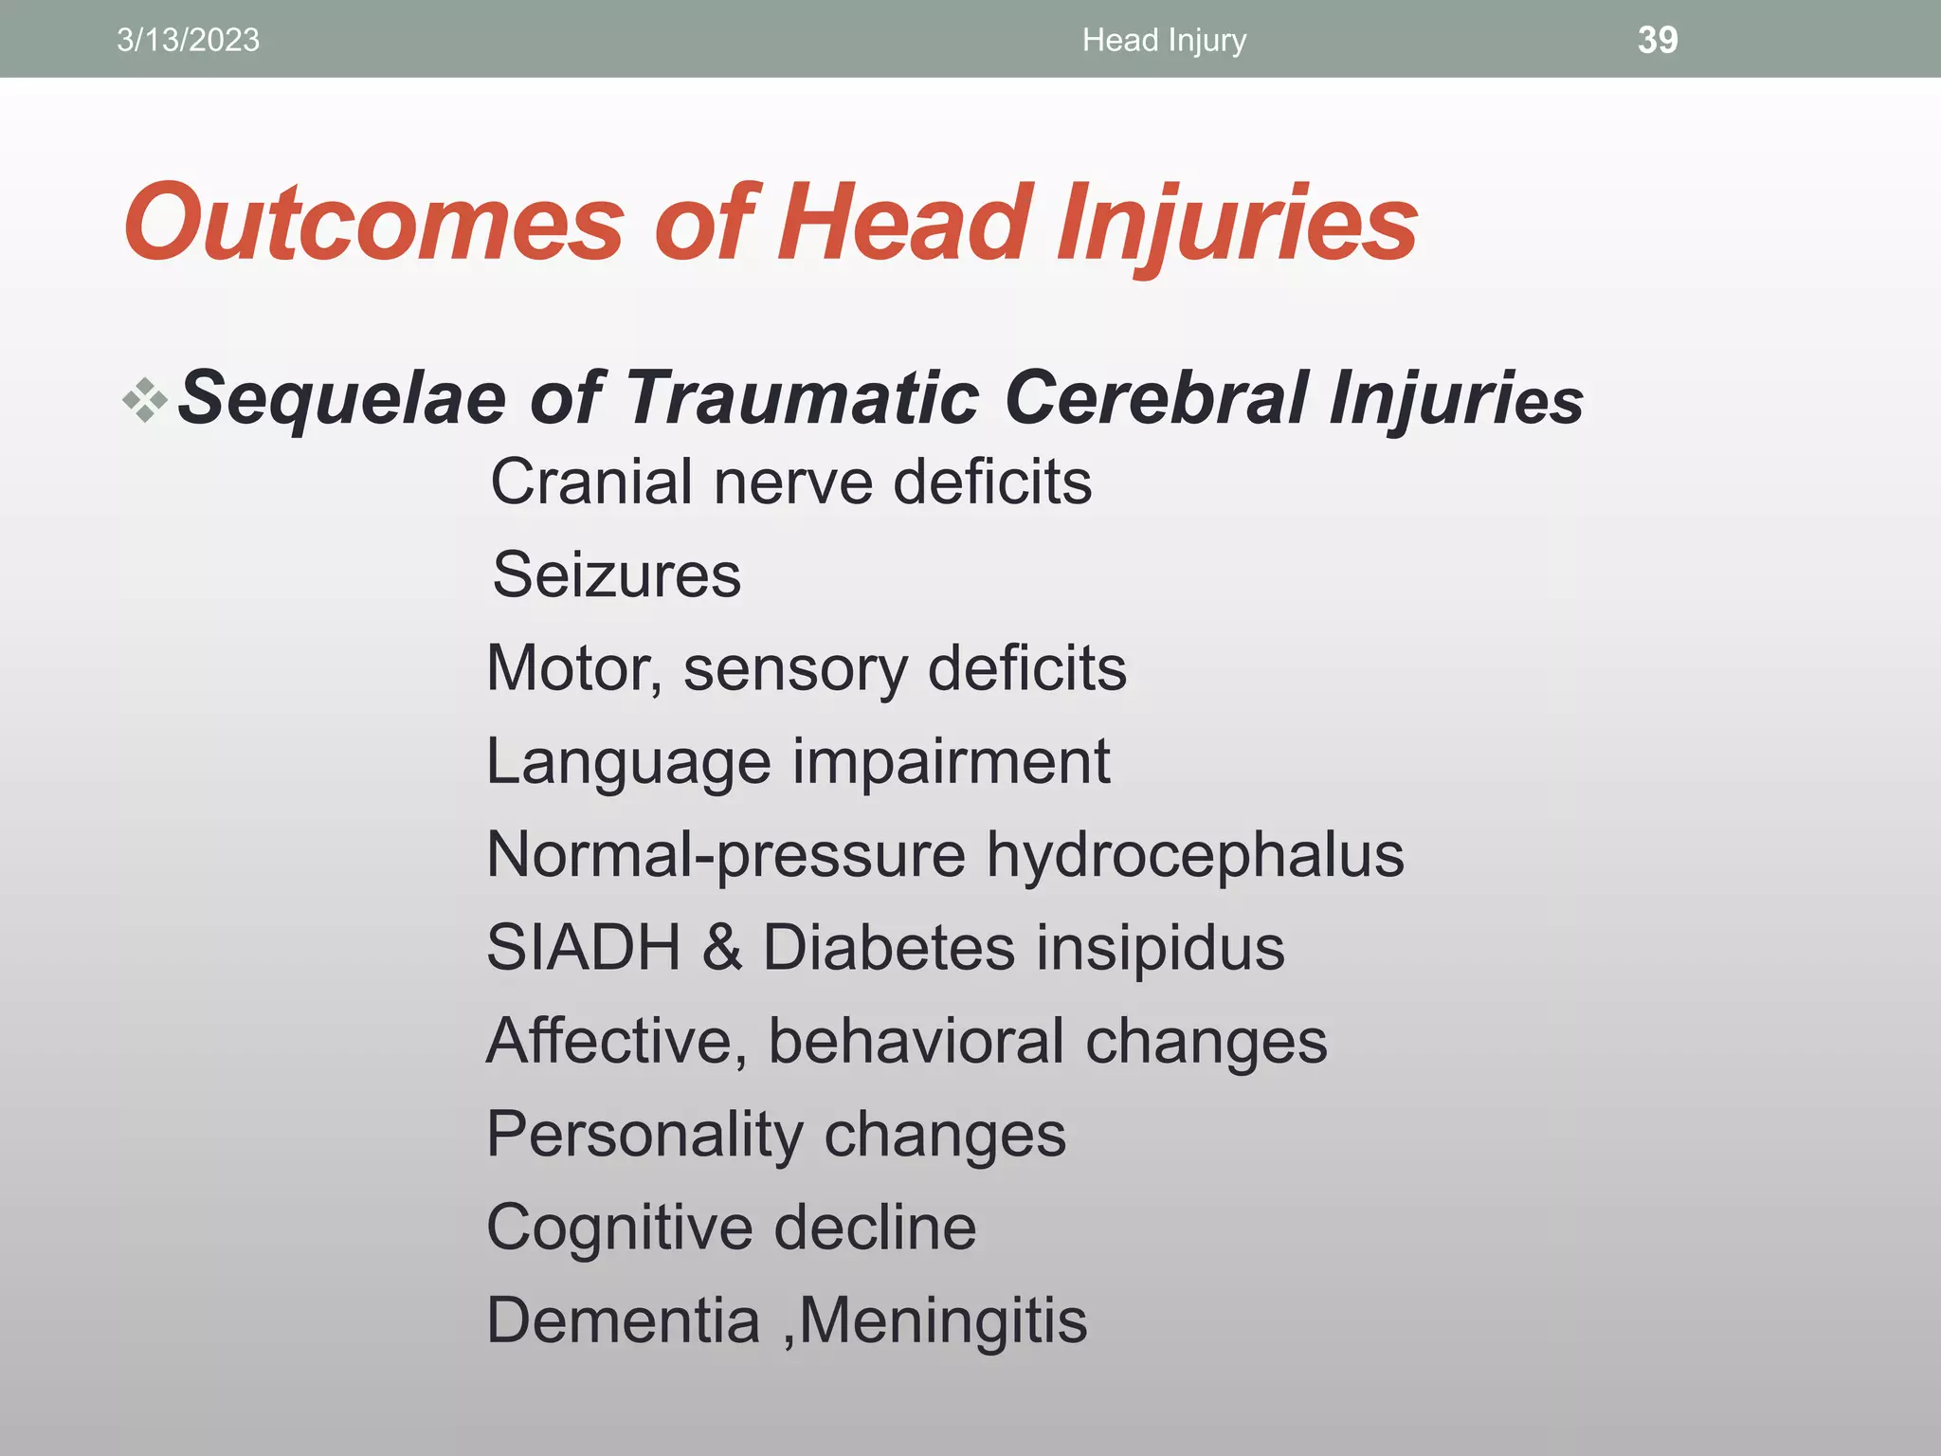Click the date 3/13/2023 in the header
(188, 40)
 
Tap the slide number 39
(1657, 40)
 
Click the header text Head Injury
(1164, 40)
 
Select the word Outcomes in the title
(373, 224)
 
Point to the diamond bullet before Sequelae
(145, 399)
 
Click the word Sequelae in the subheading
(341, 398)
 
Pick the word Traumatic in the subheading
(802, 398)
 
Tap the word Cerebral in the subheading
(1156, 398)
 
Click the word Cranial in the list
(590, 482)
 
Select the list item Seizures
(616, 574)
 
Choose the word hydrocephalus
(1194, 855)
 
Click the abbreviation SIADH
(583, 947)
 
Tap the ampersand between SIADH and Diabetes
(722, 947)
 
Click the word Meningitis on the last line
(943, 1320)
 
